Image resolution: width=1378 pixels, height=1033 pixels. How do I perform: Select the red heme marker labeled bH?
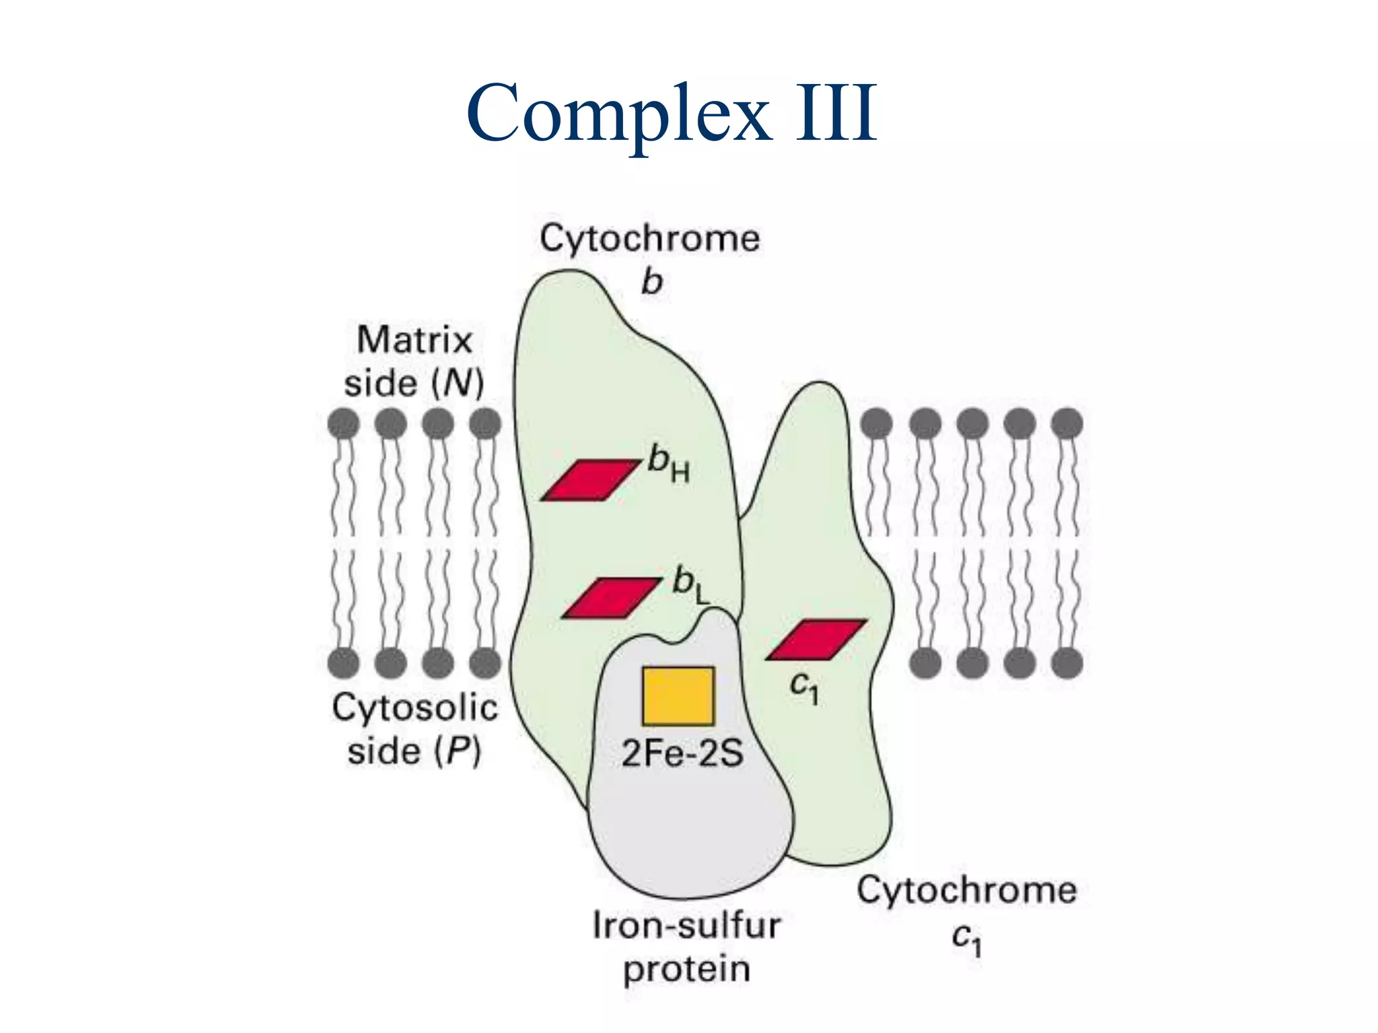(590, 480)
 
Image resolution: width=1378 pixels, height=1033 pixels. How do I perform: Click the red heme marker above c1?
(815, 640)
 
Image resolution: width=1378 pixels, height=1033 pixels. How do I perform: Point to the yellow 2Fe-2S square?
(678, 696)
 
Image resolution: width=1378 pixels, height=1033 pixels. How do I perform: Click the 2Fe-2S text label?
(682, 753)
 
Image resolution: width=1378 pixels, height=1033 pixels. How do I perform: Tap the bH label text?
(668, 464)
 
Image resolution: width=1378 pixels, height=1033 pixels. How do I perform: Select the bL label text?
(690, 584)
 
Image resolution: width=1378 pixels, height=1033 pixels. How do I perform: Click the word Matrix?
(414, 340)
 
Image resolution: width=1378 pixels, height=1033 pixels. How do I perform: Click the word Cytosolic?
(414, 707)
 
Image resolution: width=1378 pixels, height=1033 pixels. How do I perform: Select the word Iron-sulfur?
(686, 925)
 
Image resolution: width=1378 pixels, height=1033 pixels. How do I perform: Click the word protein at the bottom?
(686, 969)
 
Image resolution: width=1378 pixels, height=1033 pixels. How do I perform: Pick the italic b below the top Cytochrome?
(651, 282)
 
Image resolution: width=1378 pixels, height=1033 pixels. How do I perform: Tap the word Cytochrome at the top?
(649, 238)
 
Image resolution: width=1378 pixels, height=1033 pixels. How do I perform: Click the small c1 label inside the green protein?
(804, 687)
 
